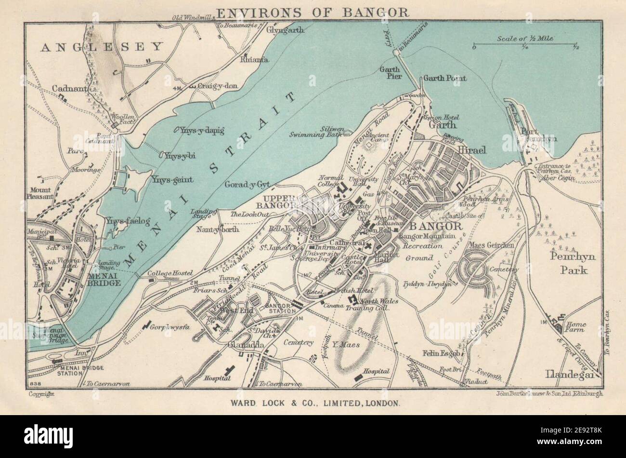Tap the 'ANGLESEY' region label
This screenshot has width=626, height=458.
click(102, 47)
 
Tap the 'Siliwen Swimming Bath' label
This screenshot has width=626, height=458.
click(317, 132)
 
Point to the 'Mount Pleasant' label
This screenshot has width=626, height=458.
click(41, 193)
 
